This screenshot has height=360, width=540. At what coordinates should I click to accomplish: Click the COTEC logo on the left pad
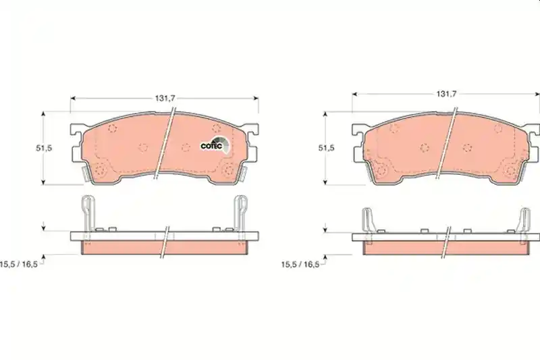point(214,145)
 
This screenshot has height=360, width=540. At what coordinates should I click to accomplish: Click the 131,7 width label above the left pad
point(165,98)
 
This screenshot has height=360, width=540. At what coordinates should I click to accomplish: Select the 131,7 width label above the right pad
point(446,94)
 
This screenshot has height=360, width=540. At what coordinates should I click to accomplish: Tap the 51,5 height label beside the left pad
point(44,148)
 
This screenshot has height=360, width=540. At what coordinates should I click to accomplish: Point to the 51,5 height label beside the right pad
point(326,148)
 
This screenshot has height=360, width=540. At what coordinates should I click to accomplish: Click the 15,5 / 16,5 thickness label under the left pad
point(19,265)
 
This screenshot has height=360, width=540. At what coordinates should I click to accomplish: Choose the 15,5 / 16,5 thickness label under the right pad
point(300,265)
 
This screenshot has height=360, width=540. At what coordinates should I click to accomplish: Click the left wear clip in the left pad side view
point(88,213)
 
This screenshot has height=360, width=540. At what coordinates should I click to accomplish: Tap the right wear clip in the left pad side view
point(240,213)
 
